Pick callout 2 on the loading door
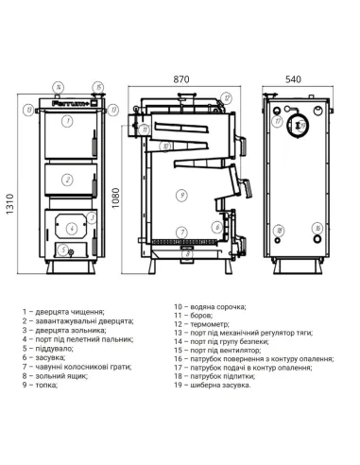click(67, 180)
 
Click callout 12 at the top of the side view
click(228, 97)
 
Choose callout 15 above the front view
click(113, 111)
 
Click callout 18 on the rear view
click(279, 230)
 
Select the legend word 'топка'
click(43, 411)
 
